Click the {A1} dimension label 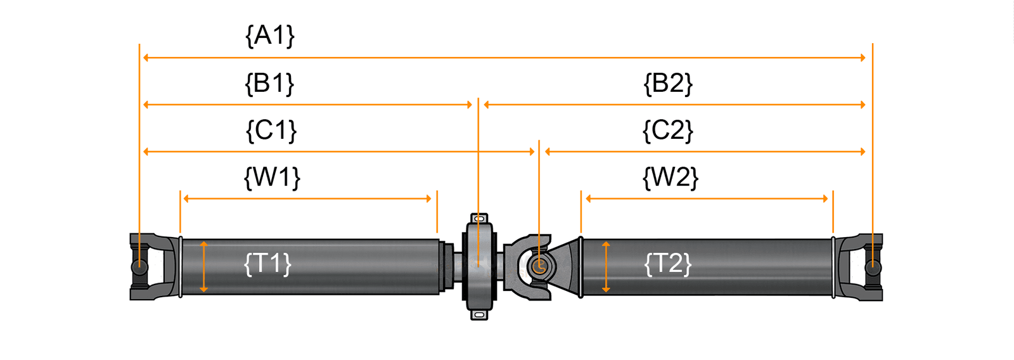(x=270, y=35)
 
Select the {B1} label (x=270, y=83)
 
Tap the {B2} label (x=668, y=83)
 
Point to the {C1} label (x=271, y=130)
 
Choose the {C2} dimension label (x=668, y=130)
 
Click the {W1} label (x=272, y=177)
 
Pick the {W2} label (x=671, y=177)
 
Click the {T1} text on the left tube (x=267, y=263)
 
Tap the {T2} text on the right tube (x=667, y=263)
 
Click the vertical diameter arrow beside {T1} (x=203, y=267)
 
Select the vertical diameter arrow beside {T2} (x=606, y=267)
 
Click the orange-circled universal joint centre (x=539, y=266)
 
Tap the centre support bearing (x=478, y=266)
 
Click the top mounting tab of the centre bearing (x=479, y=219)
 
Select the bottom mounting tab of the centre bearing (x=479, y=314)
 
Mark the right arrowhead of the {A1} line (x=863, y=58)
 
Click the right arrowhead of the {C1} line (x=532, y=151)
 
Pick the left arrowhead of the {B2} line (x=487, y=105)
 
